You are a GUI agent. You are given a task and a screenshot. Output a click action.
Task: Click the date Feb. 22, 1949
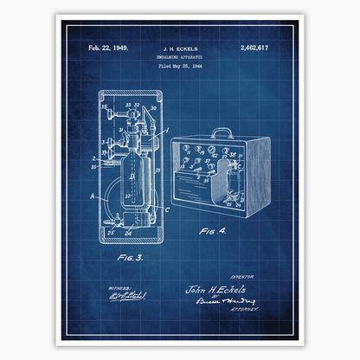(x=110, y=48)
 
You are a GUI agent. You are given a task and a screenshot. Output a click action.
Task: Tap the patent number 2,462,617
(x=252, y=48)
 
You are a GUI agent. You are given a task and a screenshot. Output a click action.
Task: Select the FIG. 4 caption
(x=210, y=232)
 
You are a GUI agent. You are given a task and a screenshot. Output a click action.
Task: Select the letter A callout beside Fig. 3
(x=93, y=196)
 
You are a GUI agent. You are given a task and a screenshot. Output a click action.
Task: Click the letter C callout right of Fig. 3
(x=166, y=208)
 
